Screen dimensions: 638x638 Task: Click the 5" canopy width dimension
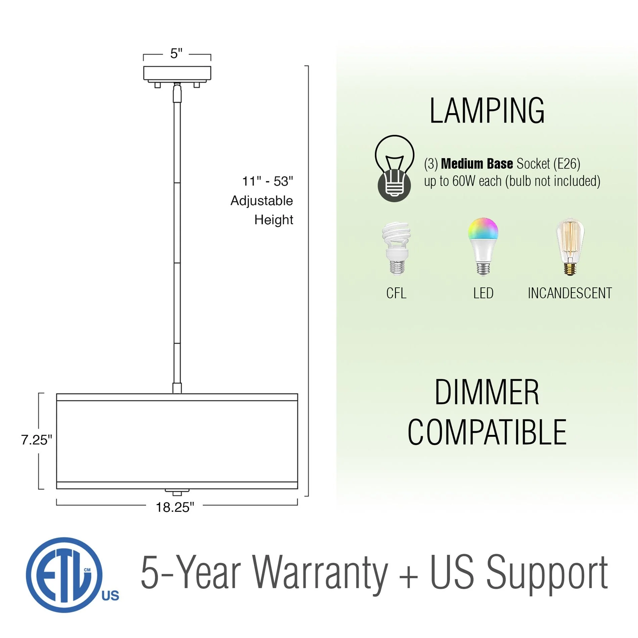[x=176, y=53]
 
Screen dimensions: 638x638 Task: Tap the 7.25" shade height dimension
[x=37, y=440]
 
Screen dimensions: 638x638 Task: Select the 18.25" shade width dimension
[x=175, y=507]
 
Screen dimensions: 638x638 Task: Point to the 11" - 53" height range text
[x=268, y=181]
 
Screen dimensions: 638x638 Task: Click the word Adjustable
[x=262, y=201]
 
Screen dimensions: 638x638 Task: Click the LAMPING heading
[x=487, y=111]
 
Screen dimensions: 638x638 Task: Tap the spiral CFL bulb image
[x=397, y=248]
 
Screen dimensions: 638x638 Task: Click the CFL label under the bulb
[x=396, y=293]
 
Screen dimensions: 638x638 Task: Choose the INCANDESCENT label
[x=570, y=293]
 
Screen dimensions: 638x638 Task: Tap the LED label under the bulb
[x=484, y=293]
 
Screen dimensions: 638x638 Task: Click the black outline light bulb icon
[x=395, y=169]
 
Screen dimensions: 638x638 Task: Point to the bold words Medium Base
[x=477, y=164]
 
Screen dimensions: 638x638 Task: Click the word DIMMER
[x=487, y=392]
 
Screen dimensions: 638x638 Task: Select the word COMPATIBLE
[x=487, y=432]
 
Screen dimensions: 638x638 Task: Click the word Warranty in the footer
[x=321, y=573]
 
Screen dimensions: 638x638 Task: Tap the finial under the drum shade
[x=177, y=492]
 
